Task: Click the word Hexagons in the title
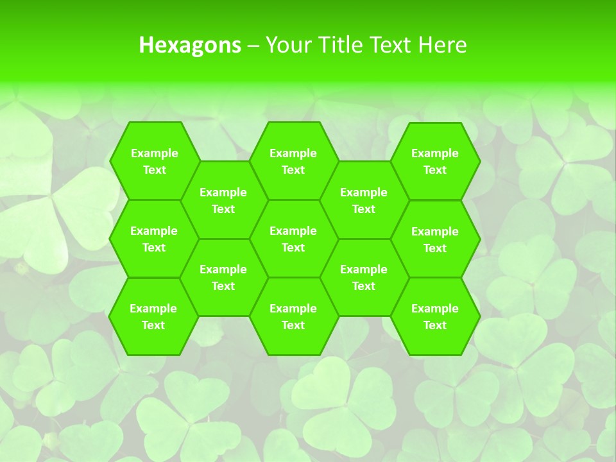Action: click(x=190, y=45)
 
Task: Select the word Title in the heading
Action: click(x=339, y=45)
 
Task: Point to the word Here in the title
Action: click(x=442, y=45)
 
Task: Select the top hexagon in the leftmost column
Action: click(x=154, y=161)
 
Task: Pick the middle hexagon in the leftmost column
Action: click(x=154, y=239)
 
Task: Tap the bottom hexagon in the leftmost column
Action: click(x=153, y=316)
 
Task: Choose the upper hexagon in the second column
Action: click(x=223, y=200)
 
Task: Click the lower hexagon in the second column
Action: click(x=223, y=277)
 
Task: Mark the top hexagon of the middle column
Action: click(x=293, y=161)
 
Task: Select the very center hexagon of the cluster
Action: click(x=293, y=239)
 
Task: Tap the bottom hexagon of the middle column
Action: click(x=293, y=316)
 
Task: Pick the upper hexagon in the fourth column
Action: click(x=364, y=200)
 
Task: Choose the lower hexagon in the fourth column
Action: click(x=364, y=277)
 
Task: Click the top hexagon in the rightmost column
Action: click(x=435, y=161)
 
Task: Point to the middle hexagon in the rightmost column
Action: click(x=435, y=239)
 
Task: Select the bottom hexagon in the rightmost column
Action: click(x=435, y=316)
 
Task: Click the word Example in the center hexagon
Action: click(x=293, y=231)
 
